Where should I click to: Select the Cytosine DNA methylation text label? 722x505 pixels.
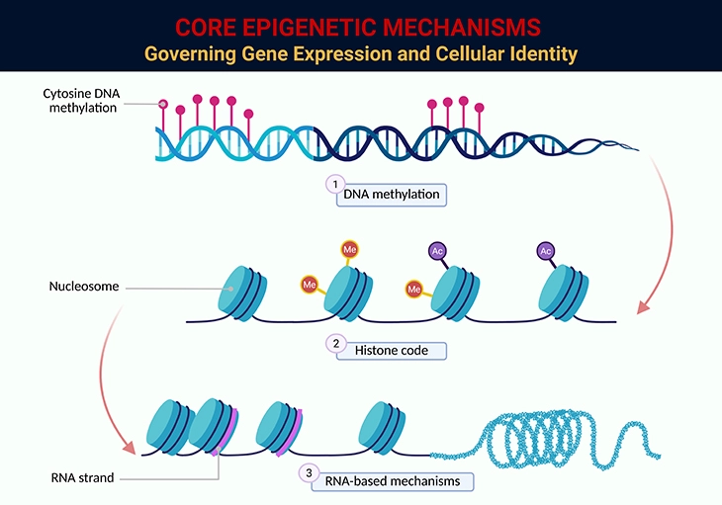tap(78, 101)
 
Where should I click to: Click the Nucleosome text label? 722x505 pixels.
tap(83, 288)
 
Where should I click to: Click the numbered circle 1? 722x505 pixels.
tap(336, 184)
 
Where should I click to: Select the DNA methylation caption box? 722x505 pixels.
tap(393, 195)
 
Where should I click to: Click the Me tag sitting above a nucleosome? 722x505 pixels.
tap(349, 250)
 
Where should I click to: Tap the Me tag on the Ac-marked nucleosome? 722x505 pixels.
tap(413, 289)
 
